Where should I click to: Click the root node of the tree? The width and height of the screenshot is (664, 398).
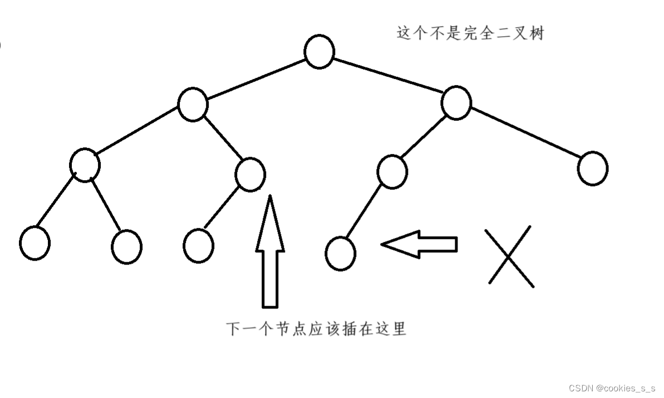click(319, 52)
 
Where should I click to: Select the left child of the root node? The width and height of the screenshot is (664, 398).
click(193, 104)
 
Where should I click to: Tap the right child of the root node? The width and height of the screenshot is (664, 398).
click(456, 103)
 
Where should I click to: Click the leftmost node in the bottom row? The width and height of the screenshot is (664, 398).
click(35, 243)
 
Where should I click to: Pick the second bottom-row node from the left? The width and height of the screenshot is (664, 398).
click(126, 246)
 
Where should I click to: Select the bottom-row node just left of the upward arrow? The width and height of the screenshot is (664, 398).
click(198, 245)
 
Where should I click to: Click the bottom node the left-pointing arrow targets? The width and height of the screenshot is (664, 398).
click(340, 253)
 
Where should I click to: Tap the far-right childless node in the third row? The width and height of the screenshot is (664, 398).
click(592, 168)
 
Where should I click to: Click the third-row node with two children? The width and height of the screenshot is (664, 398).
click(85, 165)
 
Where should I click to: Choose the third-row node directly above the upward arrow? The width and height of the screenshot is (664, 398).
click(250, 174)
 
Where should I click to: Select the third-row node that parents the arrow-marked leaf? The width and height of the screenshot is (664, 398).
click(392, 172)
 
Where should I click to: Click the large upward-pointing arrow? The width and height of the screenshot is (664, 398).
click(270, 253)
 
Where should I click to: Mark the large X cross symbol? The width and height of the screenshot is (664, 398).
click(509, 257)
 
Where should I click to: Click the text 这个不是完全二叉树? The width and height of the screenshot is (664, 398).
click(470, 33)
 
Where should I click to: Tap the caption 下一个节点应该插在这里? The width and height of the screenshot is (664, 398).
click(316, 328)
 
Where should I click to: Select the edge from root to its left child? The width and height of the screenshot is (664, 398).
click(256, 78)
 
